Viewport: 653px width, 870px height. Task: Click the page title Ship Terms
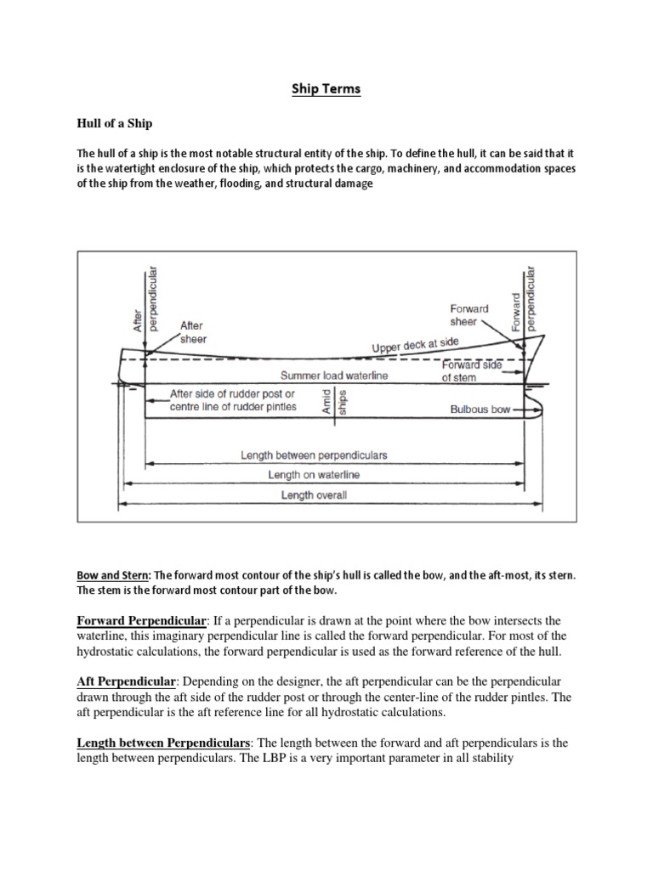(x=326, y=89)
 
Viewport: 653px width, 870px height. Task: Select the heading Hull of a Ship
(x=115, y=124)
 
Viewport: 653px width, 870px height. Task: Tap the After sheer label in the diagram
(x=193, y=332)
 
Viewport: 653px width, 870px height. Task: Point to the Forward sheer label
(x=469, y=315)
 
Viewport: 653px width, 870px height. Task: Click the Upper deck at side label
(x=415, y=345)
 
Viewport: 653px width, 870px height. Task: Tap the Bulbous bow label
(x=480, y=410)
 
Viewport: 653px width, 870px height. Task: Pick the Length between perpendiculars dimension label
(x=314, y=455)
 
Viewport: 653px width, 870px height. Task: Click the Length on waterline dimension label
(x=314, y=475)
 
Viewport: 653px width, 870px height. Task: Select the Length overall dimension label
(x=314, y=495)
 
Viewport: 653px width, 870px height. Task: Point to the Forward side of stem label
(x=470, y=370)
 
